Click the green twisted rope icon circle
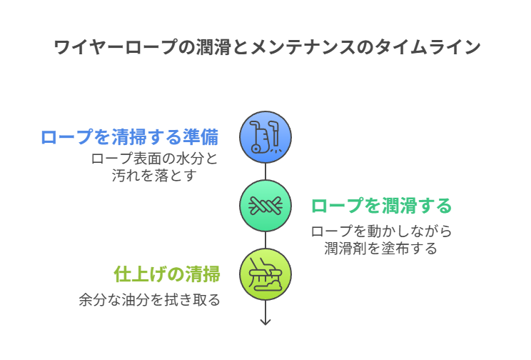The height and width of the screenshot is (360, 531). coord(265,206)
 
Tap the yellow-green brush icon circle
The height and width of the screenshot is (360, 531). coord(265,274)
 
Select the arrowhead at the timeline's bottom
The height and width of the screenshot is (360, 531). coord(265,321)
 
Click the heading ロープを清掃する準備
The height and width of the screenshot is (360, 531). coord(129,137)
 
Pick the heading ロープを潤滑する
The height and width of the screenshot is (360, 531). coord(381,206)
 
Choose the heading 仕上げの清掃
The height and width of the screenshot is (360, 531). coord(167,274)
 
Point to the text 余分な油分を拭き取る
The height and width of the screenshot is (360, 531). coord(149,300)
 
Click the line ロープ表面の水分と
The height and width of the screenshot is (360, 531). coord(154,159)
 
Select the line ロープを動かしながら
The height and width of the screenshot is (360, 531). coord(381,231)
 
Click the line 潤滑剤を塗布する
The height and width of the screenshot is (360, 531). coord(381,249)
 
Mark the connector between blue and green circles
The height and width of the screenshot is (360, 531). coord(265,171)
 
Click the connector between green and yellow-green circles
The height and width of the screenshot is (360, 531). coord(265,240)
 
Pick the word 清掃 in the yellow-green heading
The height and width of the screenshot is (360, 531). coord(202,274)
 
